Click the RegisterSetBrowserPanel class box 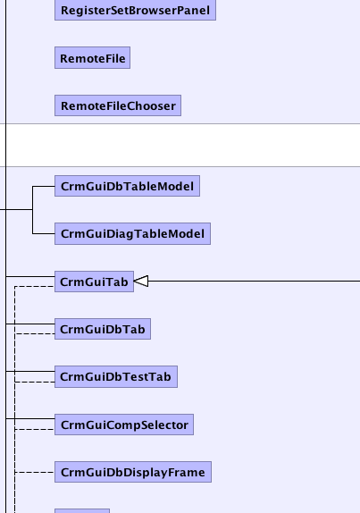pos(135,10)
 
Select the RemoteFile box pos(92,58)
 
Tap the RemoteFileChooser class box pos(118,105)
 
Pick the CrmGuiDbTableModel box pos(127,186)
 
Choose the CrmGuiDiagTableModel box pos(132,233)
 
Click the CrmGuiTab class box pos(94,282)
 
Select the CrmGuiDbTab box pos(103,329)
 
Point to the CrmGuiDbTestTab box pos(116,376)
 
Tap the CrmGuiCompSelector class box pos(124,425)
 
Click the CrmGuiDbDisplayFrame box pos(133,472)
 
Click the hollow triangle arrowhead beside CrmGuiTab pos(141,281)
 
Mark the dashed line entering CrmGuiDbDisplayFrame pos(35,472)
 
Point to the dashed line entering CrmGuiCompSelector pos(35,429)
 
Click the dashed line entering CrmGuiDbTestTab pos(35,382)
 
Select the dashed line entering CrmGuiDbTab pos(35,333)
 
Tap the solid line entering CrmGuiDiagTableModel pos(44,233)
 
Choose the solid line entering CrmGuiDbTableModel pos(44,187)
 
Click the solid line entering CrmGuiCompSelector pos(30,418)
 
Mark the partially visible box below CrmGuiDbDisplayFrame pos(82,510)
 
